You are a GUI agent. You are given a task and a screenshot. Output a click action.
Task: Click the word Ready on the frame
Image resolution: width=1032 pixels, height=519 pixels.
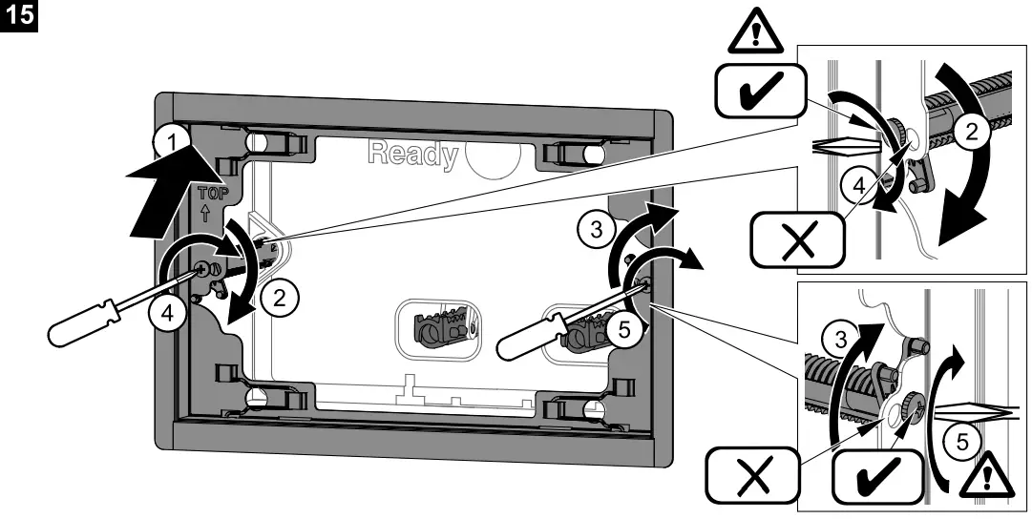[413, 156]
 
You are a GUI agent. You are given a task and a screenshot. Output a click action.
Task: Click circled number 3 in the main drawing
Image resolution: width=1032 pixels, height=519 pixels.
[596, 229]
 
